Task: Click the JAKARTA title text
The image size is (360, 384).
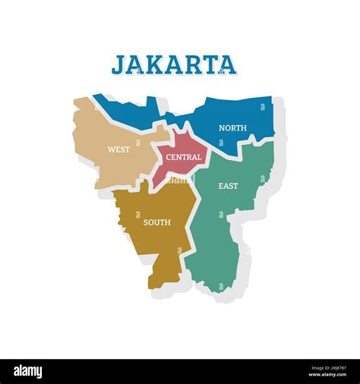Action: click(x=174, y=64)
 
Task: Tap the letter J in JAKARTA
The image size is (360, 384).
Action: click(x=119, y=65)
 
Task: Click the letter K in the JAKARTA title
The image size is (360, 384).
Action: click(x=156, y=64)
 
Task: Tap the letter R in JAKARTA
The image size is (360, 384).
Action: click(x=191, y=64)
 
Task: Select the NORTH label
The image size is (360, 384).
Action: click(x=232, y=127)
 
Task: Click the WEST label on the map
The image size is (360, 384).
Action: click(x=118, y=150)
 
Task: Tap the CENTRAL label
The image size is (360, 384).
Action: click(x=184, y=157)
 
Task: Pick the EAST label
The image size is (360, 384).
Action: click(x=228, y=186)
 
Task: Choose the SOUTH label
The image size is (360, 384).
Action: click(x=156, y=222)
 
